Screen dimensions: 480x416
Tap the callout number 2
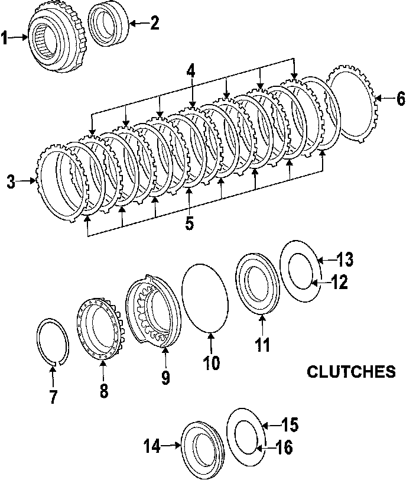[x=154, y=24]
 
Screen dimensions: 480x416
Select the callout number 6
[x=401, y=99]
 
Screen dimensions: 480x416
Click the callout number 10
[x=211, y=362]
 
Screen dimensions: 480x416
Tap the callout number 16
[x=284, y=447]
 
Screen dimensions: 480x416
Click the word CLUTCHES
[x=351, y=372]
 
